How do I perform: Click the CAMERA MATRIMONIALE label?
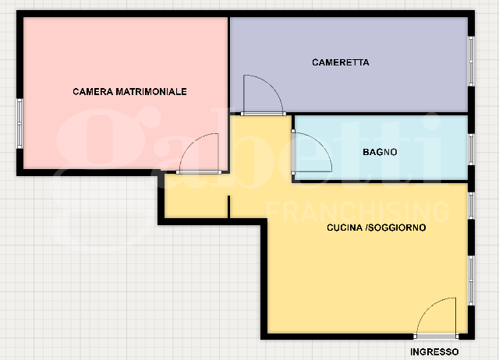coord(129,92)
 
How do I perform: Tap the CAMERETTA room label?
coord(340,62)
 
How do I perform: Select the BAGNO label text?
coord(380,153)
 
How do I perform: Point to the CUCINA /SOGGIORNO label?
coord(376,228)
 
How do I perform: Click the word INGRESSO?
coord(434,352)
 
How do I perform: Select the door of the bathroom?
coord(311,152)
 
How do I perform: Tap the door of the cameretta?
coord(262,95)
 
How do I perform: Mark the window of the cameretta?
coord(471,61)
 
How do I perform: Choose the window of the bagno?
coord(471,147)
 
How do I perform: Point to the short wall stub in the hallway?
coord(228,206)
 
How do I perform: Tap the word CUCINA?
coord(344,228)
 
